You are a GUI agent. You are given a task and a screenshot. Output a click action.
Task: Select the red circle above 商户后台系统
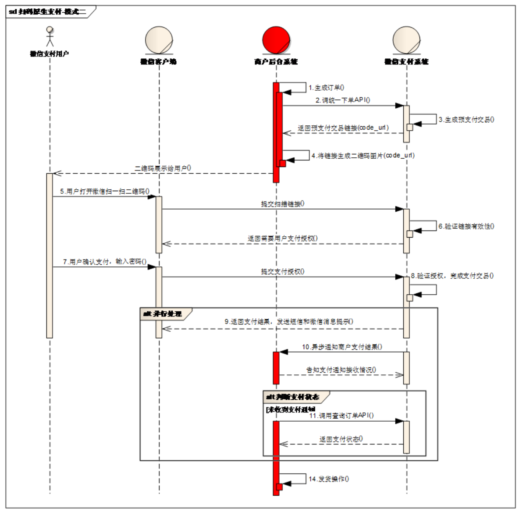point(276,40)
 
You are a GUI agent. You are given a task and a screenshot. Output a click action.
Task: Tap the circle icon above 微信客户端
point(159,40)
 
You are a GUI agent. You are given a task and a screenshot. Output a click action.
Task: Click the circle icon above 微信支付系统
point(406,40)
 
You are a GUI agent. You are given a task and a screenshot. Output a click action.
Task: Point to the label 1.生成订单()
point(326,88)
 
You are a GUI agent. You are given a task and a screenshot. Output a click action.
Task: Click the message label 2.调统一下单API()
point(343,100)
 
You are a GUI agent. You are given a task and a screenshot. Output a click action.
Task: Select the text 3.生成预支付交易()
point(466,120)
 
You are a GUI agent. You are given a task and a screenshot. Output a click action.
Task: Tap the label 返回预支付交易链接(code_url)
point(343,128)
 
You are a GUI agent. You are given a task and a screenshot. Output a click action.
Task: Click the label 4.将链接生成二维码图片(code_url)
point(363,156)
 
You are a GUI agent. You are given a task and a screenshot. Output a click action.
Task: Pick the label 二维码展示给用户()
point(163,168)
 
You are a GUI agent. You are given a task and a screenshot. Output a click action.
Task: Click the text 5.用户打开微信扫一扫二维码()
point(105,192)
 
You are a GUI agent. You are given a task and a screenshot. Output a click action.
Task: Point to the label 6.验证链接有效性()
point(466,227)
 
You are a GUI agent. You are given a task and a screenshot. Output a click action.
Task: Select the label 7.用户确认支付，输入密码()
point(105,262)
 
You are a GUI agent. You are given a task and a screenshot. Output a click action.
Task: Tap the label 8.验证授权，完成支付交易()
point(452,276)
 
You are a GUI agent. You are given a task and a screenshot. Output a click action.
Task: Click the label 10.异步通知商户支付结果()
point(342,347)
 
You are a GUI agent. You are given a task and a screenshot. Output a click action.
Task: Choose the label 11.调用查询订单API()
point(341,416)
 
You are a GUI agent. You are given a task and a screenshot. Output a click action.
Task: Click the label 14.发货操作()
point(329,479)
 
